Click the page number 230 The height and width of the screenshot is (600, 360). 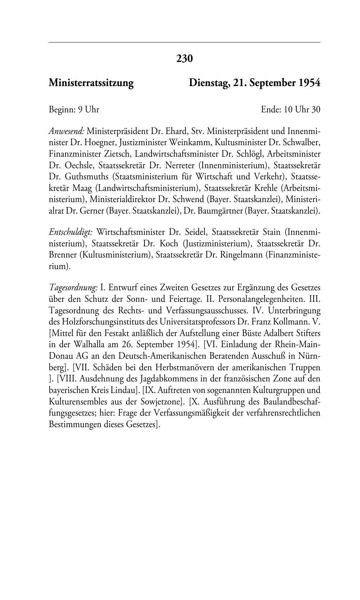pyautogui.click(x=185, y=58)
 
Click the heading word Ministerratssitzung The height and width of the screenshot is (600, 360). pyautogui.click(x=91, y=83)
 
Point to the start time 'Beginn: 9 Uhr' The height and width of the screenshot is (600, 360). pyautogui.click(x=74, y=109)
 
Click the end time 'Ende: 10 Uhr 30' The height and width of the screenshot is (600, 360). pyautogui.click(x=291, y=109)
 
